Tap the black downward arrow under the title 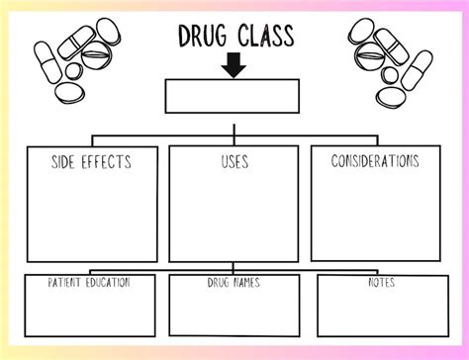pyautogui.click(x=234, y=65)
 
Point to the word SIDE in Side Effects pyautogui.click(x=66, y=160)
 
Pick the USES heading pyautogui.click(x=234, y=160)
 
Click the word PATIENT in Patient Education pyautogui.click(x=68, y=282)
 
